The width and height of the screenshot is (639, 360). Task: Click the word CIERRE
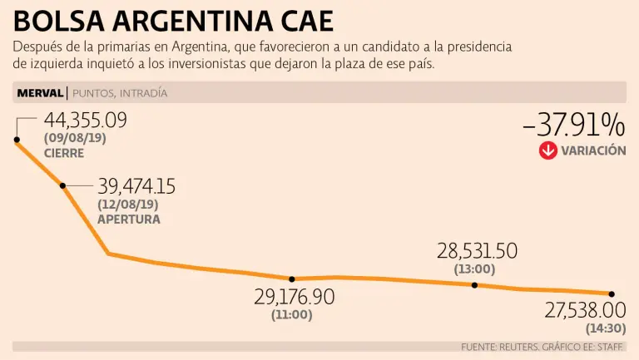pos(64,153)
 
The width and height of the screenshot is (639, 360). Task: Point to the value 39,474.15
pos(136,186)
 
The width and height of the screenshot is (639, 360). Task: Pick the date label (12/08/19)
pos(127,204)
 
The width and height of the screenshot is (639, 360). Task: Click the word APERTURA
pos(129,219)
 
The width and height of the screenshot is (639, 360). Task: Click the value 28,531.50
pos(477,251)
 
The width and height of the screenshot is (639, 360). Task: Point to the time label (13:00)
pos(474,269)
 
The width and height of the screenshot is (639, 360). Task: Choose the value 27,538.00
pos(585,310)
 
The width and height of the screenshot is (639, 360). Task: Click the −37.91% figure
pos(573,126)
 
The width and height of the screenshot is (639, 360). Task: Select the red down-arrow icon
pos(547,150)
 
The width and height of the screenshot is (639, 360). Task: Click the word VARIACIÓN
pos(593,151)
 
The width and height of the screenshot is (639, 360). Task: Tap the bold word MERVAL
pos(39,92)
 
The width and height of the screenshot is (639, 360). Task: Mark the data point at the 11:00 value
pos(292,279)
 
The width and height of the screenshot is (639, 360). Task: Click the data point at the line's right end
pos(612,293)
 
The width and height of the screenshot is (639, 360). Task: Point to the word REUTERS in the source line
pos(523,346)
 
